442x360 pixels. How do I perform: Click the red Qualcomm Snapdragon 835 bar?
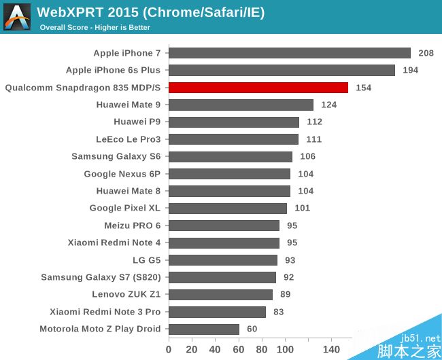tap(258, 88)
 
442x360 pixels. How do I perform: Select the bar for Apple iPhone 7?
tap(290, 53)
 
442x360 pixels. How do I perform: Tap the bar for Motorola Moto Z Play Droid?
tap(204, 329)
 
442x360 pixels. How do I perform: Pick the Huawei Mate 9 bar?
tap(241, 105)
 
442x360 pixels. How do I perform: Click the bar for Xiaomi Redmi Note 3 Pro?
tap(217, 312)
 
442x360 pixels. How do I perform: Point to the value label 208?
tap(426, 53)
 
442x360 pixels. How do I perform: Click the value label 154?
tap(363, 88)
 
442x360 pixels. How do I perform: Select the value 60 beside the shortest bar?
tap(252, 329)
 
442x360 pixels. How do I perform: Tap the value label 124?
tap(329, 105)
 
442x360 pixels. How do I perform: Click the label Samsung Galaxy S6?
tap(116, 156)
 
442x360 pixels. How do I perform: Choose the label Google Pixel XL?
tap(125, 208)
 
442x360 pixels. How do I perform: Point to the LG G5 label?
tap(146, 260)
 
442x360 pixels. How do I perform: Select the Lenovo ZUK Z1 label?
tap(126, 295)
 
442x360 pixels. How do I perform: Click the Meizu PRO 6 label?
tap(132, 226)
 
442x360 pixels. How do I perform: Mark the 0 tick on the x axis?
tap(169, 349)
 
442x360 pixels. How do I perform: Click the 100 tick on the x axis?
tap(285, 349)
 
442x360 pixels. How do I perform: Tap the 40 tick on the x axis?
tap(215, 349)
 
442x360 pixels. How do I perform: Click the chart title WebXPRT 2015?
tap(150, 12)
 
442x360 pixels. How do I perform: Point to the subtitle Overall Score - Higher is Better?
tap(95, 28)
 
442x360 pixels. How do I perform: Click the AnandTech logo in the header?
tap(17, 17)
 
